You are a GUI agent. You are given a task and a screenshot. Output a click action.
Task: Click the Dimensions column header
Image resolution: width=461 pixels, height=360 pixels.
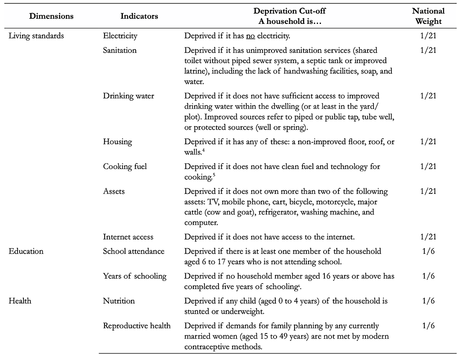click(x=52, y=16)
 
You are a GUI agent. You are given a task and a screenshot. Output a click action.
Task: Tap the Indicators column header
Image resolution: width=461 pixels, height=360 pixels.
click(x=139, y=16)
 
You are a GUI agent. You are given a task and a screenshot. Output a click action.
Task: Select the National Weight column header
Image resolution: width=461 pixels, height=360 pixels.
click(x=428, y=16)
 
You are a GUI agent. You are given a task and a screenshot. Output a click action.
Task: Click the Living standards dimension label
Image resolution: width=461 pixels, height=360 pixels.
click(x=36, y=36)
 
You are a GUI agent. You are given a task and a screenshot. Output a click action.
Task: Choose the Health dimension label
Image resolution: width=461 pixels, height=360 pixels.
click(x=20, y=301)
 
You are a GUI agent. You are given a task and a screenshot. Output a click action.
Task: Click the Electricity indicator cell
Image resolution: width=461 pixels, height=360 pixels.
click(x=120, y=36)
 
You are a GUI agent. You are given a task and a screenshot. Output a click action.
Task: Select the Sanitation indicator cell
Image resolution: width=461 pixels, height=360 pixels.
click(x=120, y=50)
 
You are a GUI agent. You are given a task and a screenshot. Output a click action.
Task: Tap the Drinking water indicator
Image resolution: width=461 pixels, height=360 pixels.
click(x=128, y=96)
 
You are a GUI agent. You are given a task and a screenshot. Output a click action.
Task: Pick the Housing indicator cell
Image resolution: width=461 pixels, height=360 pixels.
click(x=118, y=141)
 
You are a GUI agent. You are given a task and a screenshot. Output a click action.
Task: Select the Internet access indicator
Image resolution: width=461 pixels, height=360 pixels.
click(x=128, y=237)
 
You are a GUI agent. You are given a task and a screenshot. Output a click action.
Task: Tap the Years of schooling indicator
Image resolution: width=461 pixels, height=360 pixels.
click(x=134, y=276)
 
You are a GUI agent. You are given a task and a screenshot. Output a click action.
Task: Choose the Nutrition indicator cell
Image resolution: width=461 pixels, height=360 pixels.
click(x=119, y=301)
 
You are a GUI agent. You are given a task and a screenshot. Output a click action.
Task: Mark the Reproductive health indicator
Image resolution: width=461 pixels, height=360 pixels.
click(x=137, y=326)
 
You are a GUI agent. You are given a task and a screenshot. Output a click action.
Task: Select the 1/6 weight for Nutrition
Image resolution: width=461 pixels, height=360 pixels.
click(x=428, y=301)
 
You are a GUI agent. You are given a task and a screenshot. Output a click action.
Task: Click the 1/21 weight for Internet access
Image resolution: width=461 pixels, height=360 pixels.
click(x=428, y=237)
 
